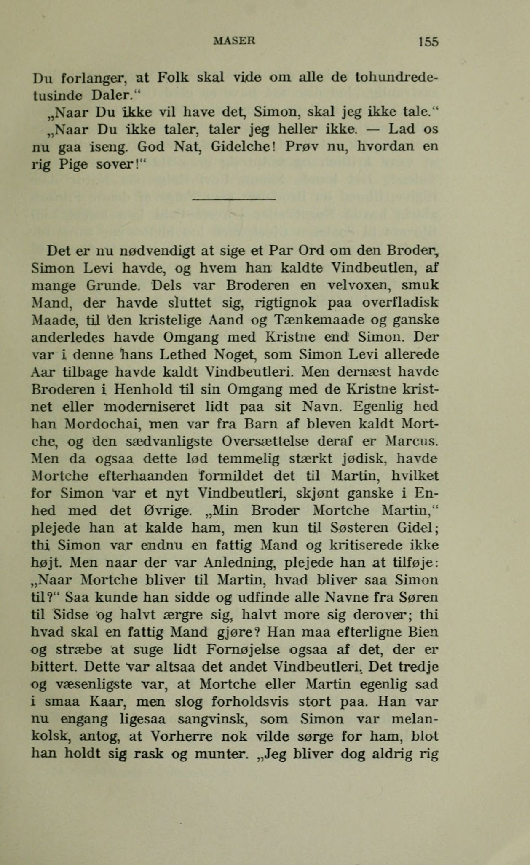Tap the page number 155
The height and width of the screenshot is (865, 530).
(428, 42)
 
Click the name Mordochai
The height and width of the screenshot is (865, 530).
(103, 424)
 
